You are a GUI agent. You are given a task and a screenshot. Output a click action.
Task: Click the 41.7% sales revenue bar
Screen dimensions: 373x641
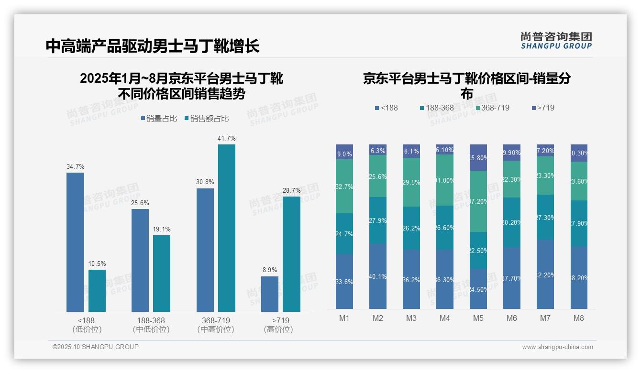coord(227,228)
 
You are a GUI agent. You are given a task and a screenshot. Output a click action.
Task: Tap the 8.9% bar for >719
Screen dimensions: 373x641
coord(270,294)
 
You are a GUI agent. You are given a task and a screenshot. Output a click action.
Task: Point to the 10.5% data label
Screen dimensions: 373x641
coord(97,263)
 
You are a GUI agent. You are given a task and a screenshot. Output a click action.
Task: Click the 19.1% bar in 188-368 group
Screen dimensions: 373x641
coord(162,274)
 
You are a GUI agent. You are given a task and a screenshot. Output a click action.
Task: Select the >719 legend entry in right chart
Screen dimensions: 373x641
coord(542,108)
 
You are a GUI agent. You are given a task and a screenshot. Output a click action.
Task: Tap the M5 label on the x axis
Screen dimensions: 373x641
coord(478,318)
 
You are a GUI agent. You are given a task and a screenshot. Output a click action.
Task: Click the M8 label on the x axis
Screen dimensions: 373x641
coord(579,318)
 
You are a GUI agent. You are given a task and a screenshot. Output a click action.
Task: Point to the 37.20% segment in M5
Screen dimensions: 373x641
coord(478,201)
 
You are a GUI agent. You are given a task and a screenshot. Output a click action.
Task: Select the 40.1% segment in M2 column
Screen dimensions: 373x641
coord(378,276)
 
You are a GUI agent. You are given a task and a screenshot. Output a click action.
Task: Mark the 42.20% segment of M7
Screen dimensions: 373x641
coord(545,274)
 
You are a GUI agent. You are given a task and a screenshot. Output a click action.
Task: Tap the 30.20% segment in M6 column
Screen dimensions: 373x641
coord(512,222)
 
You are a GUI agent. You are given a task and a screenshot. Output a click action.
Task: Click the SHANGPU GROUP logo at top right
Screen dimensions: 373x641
coord(556,41)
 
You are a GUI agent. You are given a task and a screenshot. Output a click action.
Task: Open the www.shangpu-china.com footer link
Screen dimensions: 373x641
coord(557,347)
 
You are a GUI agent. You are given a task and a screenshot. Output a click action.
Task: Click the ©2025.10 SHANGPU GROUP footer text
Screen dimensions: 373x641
coord(96,347)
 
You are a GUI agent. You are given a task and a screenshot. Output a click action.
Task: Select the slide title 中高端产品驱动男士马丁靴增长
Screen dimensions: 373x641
coord(153,46)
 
